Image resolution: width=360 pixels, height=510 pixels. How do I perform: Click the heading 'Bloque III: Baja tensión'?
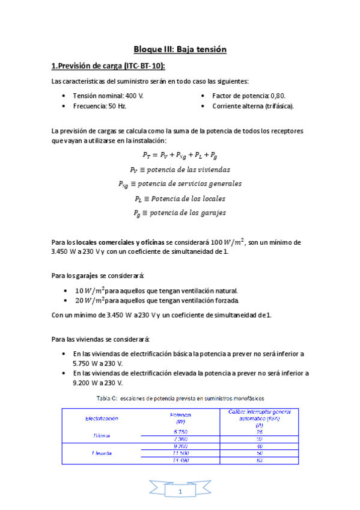pos(180,49)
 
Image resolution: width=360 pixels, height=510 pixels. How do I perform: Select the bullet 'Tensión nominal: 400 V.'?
pos(108,96)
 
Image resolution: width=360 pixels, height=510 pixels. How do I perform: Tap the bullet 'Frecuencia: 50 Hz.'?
pos(99,106)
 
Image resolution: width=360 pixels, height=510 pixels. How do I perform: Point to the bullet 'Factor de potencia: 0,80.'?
pos(249,96)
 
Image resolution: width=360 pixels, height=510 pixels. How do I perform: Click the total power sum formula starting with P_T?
pos(180,155)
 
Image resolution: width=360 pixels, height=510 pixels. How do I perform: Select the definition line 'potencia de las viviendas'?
pos(180,170)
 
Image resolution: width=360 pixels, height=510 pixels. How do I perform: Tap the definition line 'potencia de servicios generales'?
pos(180,184)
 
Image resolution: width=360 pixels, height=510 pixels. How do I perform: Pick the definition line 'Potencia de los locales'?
pos(180,198)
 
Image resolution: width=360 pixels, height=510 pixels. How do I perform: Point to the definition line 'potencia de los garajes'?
pos(180,213)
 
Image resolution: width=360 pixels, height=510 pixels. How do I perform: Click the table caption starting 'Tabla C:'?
pos(180,398)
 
